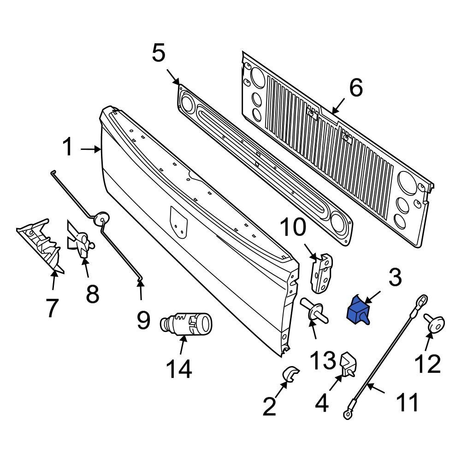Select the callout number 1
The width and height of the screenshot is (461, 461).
pos(68,148)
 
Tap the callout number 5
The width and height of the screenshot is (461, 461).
pos(158,53)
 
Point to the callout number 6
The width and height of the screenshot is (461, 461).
pos(355,88)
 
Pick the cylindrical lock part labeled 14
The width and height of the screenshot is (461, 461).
pos(185,323)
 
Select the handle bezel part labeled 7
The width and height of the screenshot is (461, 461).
pos(41,244)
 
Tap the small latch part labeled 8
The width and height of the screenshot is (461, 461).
pos(81,242)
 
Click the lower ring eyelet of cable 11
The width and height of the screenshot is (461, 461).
pos(347,415)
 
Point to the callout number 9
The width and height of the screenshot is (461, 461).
pos(143,320)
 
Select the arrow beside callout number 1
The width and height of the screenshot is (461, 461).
pos(90,149)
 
